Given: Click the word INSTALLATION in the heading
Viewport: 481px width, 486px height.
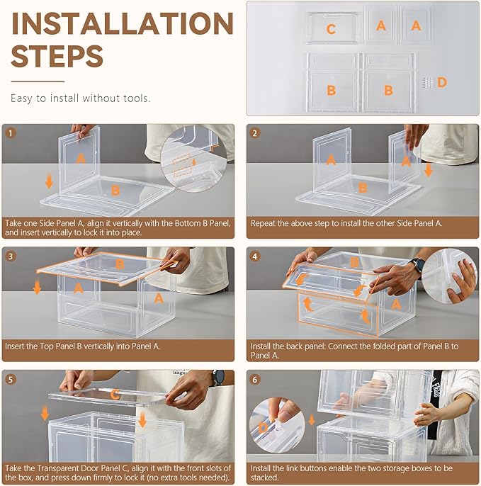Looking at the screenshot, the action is click(x=122, y=23).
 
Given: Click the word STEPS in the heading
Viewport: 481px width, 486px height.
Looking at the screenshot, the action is click(x=57, y=56).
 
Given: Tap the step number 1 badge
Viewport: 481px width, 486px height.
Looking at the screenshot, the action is click(x=11, y=133).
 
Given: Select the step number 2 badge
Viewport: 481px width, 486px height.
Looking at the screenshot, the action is click(x=255, y=133).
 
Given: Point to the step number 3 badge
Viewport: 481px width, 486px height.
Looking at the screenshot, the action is click(x=11, y=256).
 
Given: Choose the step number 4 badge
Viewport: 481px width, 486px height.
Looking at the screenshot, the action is click(x=255, y=256).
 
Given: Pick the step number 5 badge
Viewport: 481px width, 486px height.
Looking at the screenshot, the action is click(x=11, y=380).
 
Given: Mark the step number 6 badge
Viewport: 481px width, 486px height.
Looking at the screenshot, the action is click(x=255, y=380).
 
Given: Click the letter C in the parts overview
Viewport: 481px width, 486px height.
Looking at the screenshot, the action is click(x=331, y=29).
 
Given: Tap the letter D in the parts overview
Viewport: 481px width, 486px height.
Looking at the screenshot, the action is click(x=442, y=82).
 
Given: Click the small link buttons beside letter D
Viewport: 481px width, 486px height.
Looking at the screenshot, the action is click(x=428, y=83).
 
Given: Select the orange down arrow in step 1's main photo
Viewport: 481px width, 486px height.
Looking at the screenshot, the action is click(x=49, y=181).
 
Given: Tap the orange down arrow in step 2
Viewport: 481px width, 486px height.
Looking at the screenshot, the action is click(x=429, y=170).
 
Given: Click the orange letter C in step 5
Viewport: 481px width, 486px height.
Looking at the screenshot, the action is click(x=115, y=395).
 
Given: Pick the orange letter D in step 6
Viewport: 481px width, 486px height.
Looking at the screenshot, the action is click(x=263, y=428).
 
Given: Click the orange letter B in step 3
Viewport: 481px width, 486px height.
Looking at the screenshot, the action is click(x=120, y=264).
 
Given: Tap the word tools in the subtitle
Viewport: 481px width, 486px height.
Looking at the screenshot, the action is click(x=137, y=98).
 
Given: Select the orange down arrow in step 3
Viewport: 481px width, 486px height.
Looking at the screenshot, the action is click(x=37, y=287).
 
